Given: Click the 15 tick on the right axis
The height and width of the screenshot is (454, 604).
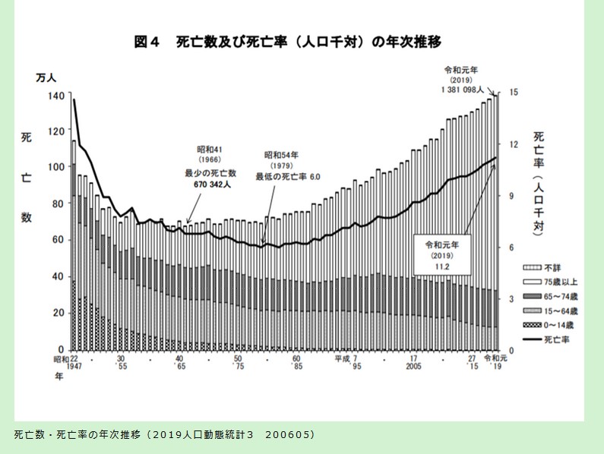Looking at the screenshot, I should [514, 93].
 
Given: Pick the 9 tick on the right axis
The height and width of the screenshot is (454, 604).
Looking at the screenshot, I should [513, 196].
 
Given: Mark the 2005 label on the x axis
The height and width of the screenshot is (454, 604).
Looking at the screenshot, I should [413, 366].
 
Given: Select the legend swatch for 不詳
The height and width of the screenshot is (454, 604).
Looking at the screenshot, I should [530, 268].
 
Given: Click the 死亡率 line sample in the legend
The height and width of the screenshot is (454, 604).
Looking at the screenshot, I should [530, 339].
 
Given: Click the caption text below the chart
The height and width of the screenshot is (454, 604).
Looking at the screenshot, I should [163, 435].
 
